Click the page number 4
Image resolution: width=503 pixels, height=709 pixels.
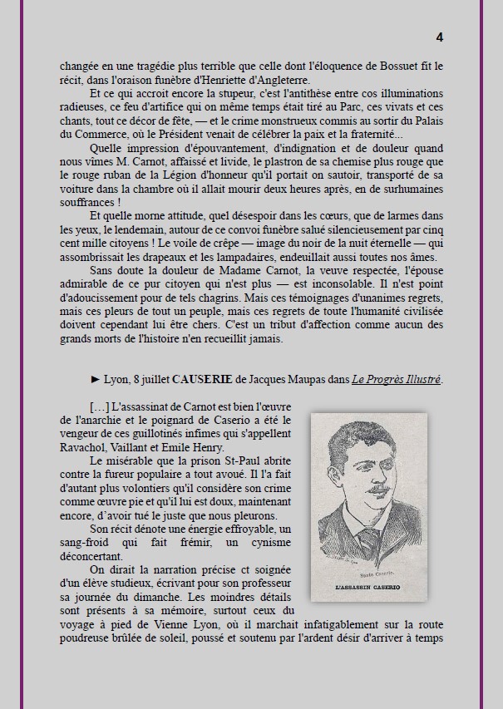[x=439, y=37]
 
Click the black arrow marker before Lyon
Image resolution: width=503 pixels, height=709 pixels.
[x=96, y=380]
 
